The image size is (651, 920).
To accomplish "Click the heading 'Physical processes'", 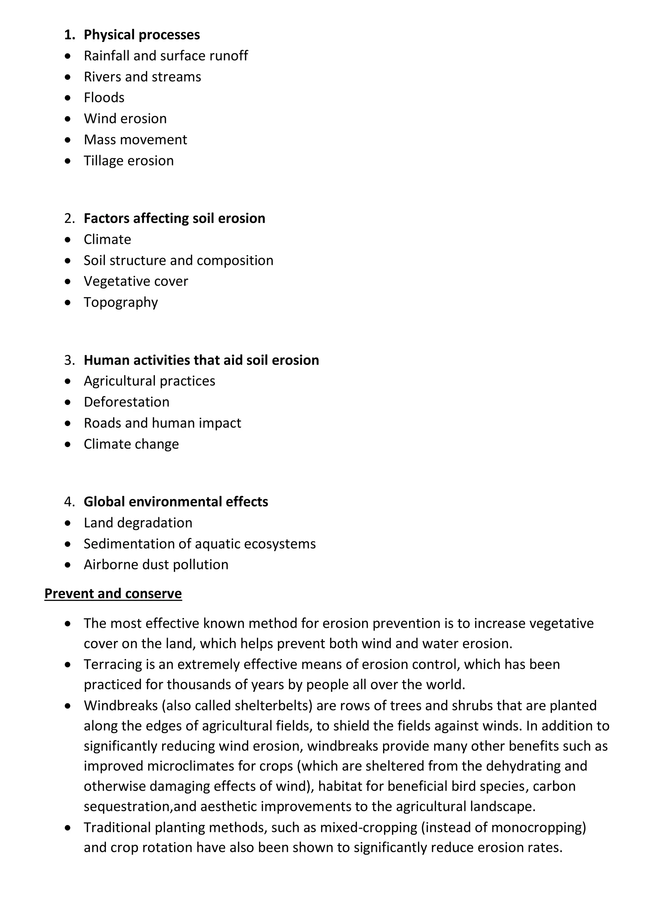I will tap(141, 35).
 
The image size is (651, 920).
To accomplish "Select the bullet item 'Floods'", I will tap(104, 98).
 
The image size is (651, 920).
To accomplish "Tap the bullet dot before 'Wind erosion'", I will tap(68, 118).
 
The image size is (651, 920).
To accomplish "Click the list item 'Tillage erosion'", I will tap(129, 160).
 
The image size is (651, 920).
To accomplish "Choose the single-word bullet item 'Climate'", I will tap(107, 239).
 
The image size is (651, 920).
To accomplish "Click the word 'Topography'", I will tap(121, 302).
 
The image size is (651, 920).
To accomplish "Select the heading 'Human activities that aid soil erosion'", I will tap(201, 360).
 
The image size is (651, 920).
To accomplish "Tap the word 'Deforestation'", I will tap(126, 402).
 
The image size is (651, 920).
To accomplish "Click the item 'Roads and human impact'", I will tap(162, 423).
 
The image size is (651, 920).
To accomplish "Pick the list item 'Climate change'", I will tap(131, 444).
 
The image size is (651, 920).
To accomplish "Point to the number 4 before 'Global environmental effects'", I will tap(69, 502).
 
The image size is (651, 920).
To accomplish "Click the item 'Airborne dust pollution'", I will tap(156, 565).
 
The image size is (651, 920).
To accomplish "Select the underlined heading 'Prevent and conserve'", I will tap(113, 593).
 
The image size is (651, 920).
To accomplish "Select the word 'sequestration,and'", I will tap(140, 807).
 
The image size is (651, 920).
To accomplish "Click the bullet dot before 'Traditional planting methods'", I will tap(68, 828).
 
